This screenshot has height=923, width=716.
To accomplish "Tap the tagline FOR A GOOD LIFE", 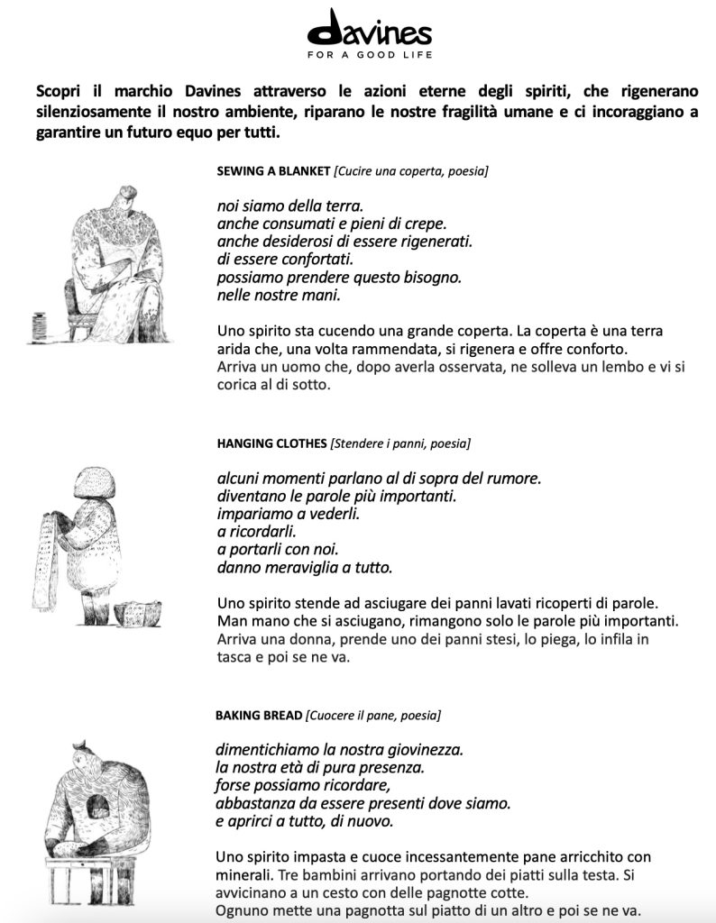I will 369,55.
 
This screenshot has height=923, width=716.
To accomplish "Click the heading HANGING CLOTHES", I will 271,443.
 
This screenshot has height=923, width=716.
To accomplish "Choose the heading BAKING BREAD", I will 258,716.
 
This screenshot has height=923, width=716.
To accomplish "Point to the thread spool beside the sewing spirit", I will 39,325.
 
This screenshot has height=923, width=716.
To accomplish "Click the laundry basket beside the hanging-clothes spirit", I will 138,613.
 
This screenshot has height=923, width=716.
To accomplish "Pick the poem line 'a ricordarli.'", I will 257,532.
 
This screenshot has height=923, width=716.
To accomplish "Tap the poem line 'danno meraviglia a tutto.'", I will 305,568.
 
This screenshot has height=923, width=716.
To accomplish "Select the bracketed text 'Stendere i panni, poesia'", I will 400,443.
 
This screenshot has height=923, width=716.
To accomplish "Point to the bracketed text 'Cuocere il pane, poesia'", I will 373,716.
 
